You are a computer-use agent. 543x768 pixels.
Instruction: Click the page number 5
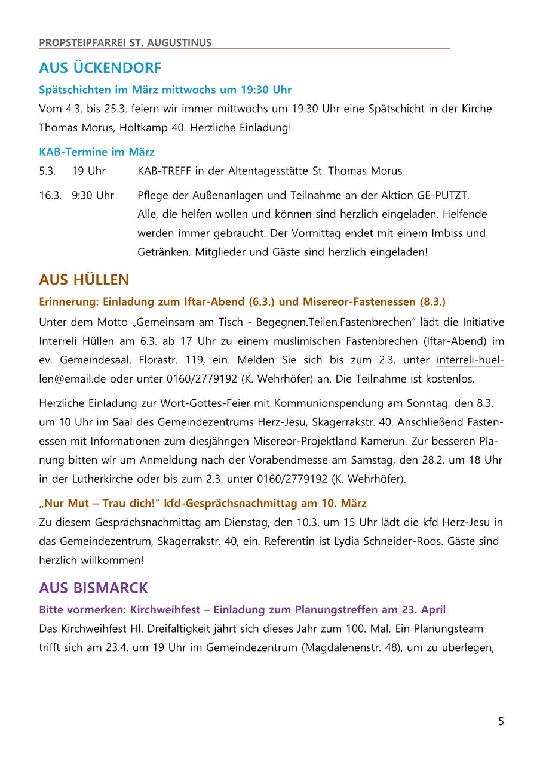501,721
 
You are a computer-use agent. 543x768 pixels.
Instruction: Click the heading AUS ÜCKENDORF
100,68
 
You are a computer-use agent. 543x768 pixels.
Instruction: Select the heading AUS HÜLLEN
84,279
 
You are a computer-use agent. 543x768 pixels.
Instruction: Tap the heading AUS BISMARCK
93,588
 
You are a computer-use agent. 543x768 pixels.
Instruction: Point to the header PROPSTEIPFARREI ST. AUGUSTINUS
125,42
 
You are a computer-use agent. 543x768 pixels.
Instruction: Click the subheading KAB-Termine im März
96,152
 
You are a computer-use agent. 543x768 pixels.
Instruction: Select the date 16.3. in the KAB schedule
50,195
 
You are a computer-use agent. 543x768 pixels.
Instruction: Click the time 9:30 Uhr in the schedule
93,195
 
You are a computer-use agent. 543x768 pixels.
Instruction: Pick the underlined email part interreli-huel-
470,360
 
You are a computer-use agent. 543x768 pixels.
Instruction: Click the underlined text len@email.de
72,379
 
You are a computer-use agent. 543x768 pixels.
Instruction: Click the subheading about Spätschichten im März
165,90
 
